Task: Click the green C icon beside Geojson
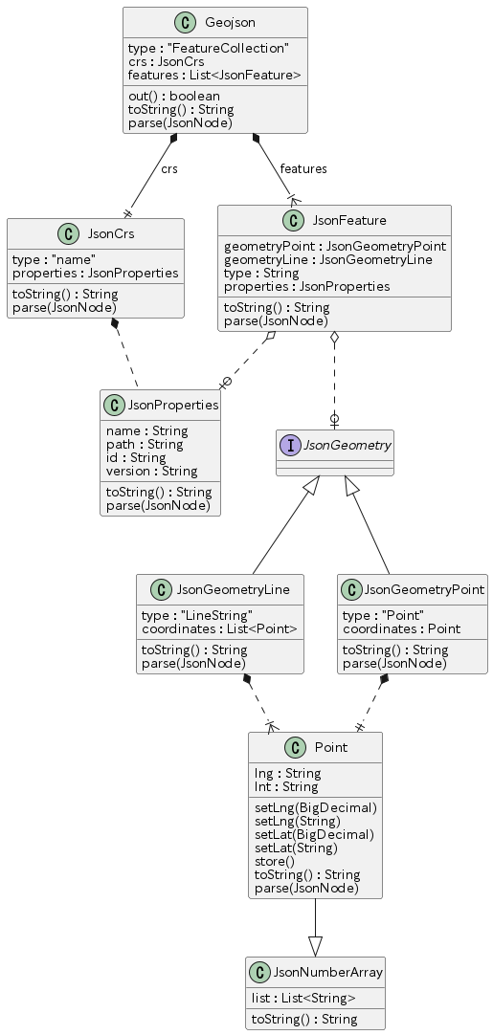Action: tap(185, 23)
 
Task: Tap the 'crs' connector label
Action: tap(169, 169)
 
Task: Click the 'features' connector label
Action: tap(303, 169)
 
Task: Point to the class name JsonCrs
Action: tap(111, 233)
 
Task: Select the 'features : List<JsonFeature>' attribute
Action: tap(214, 76)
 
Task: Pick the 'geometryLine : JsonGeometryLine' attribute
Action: tap(328, 260)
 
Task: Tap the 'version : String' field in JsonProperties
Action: tap(152, 472)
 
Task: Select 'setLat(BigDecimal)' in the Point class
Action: tap(315, 835)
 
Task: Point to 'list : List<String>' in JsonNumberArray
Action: tap(304, 998)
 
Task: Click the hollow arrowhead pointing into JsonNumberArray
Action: tap(315, 947)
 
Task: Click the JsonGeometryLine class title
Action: tap(234, 589)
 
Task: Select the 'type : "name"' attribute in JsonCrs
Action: tap(55, 260)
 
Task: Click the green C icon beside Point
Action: tap(295, 748)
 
